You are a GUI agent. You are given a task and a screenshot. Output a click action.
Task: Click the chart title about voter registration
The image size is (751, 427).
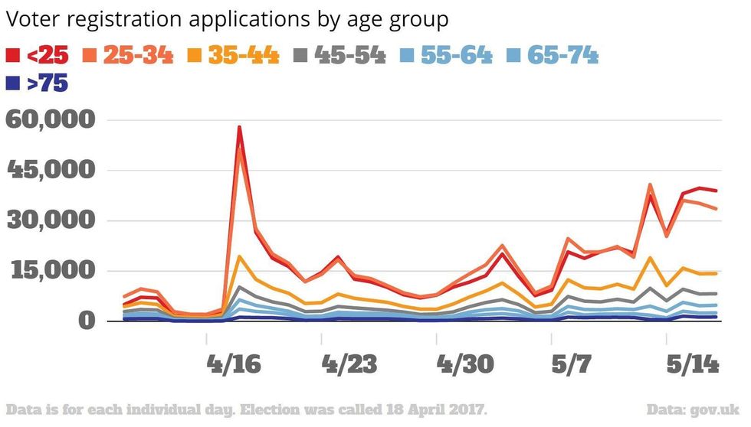tap(227, 19)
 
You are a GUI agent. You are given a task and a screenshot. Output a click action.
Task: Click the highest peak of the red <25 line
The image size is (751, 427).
tap(239, 128)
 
